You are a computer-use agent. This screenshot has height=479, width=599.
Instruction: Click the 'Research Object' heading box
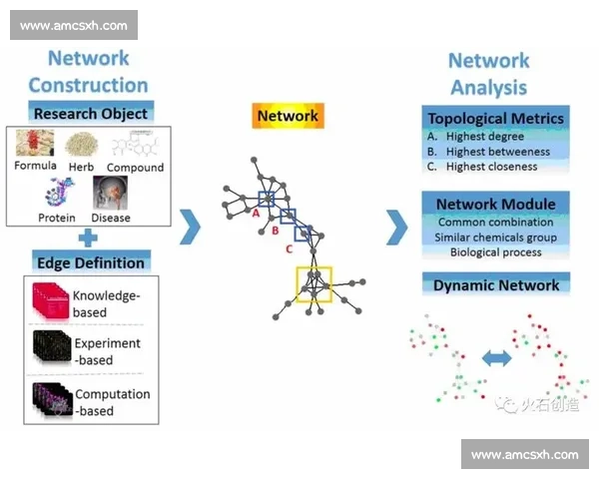pos(90,112)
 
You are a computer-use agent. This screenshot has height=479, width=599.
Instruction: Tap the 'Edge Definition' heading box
pos(90,262)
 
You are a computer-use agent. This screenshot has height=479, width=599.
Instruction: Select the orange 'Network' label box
pos(288,116)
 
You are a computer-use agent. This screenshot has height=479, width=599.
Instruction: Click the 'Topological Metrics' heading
pos(495,118)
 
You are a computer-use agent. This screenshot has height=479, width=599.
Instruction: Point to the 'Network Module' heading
pos(495,205)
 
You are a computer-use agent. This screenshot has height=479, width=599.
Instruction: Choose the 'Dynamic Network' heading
pos(495,285)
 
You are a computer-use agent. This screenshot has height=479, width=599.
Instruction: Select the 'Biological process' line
pos(495,252)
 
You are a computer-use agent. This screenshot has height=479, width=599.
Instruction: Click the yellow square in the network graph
pos(314,282)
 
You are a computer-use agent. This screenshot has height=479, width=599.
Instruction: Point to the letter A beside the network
pos(256,213)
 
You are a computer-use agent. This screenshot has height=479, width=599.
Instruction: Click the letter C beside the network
pos(290,248)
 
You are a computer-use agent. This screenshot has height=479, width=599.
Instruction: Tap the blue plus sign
pos(89,238)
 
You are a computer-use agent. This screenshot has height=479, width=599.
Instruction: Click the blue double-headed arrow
pos(496,357)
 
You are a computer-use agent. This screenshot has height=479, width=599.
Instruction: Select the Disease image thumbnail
pos(110,193)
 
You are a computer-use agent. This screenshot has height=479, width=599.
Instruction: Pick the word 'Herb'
pos(80,167)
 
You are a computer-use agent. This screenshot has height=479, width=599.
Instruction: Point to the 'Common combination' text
pos(495,222)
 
